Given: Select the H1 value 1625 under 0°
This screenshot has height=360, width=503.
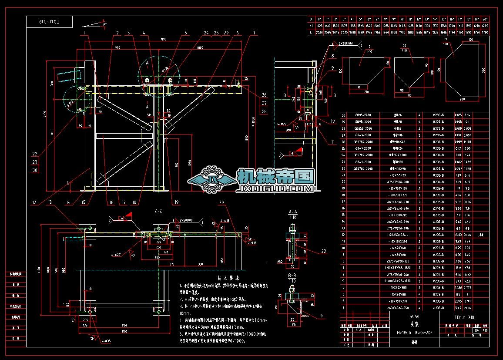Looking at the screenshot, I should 319,26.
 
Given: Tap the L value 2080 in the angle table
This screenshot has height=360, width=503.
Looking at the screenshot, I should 319,32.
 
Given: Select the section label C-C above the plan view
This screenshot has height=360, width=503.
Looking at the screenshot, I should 159,211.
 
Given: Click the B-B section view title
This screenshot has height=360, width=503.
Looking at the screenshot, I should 293,276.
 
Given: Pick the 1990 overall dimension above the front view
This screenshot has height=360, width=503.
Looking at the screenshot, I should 163,39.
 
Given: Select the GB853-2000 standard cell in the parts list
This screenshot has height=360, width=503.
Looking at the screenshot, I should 362,128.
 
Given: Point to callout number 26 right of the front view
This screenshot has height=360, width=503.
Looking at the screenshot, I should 264,95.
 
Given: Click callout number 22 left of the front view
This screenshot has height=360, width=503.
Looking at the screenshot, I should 34,153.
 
